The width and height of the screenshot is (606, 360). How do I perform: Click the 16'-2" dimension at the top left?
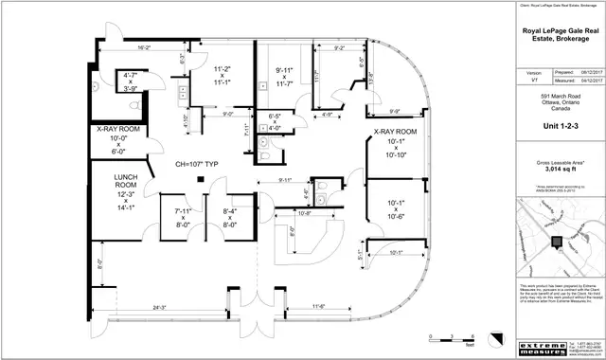coord(144,46)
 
